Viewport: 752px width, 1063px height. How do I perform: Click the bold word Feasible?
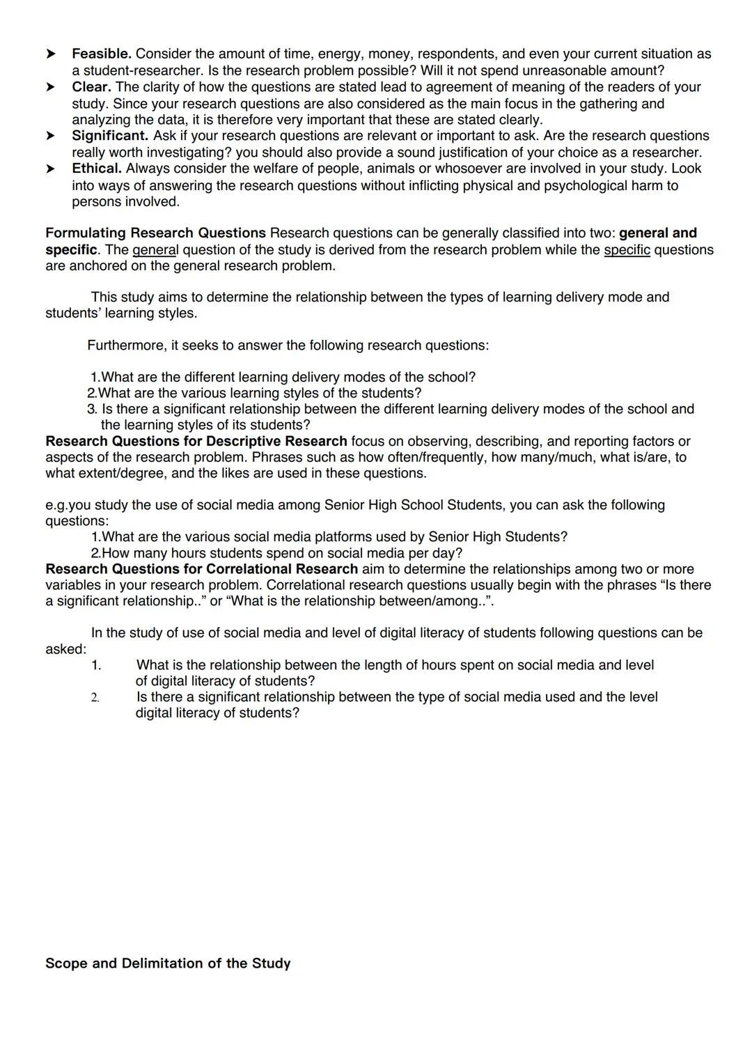(x=102, y=54)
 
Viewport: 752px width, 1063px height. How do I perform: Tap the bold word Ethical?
(x=97, y=169)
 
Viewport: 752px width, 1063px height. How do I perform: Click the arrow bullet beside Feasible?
(x=51, y=54)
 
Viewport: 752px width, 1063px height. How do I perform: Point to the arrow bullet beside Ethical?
(x=51, y=169)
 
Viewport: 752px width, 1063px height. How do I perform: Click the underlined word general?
(x=155, y=250)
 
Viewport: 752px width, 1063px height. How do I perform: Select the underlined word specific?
(x=627, y=250)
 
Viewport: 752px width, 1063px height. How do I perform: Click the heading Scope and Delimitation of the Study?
(x=168, y=963)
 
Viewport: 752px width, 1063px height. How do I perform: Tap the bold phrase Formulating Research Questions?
(x=155, y=233)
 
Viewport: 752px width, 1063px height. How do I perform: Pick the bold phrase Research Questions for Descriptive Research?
(x=196, y=442)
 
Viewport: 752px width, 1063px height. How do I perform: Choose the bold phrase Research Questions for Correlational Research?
(x=201, y=569)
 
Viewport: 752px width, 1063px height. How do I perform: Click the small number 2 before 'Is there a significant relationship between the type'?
(x=95, y=697)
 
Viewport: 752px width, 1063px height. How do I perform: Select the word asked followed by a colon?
(x=64, y=649)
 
